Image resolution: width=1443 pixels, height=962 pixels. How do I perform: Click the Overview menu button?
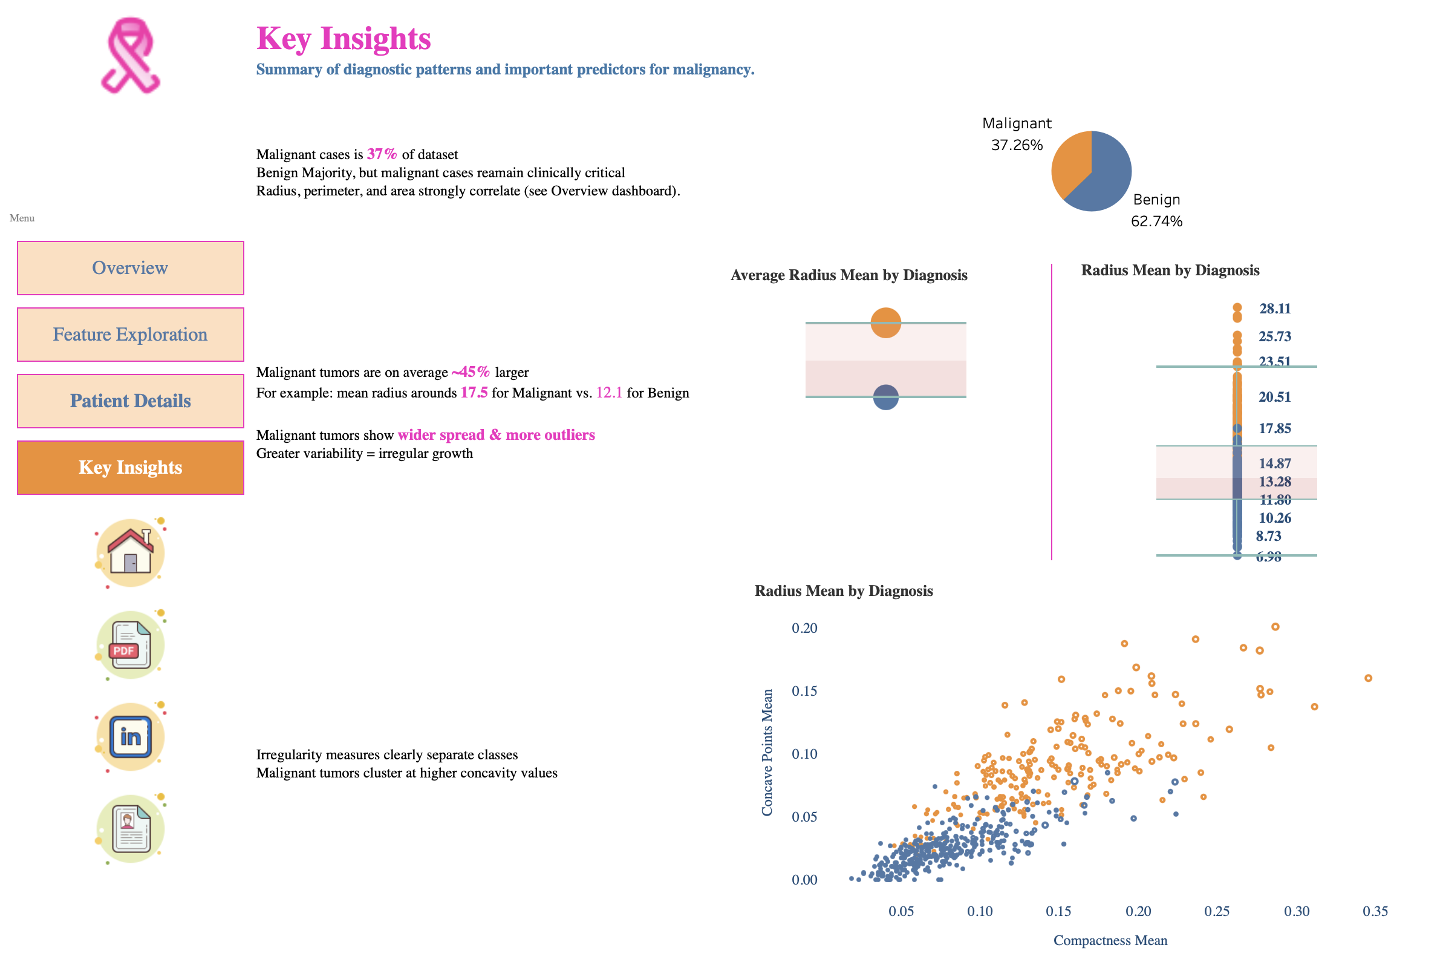130,268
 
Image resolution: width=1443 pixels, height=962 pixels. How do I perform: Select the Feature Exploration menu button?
130,335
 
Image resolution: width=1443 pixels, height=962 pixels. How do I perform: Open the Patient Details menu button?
130,401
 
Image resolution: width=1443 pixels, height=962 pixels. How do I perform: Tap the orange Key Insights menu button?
130,468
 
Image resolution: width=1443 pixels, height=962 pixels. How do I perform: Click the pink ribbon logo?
129,55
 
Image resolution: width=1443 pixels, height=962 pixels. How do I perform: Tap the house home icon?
130,552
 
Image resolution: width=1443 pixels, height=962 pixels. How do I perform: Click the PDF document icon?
130,644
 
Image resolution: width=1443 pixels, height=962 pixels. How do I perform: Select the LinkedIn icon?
130,736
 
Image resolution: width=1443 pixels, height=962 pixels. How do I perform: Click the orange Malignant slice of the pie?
1070,163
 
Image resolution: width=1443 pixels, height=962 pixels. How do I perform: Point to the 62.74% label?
1156,221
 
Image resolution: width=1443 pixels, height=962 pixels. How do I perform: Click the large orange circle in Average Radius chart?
885,322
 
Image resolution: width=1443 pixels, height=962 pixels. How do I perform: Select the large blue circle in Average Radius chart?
885,397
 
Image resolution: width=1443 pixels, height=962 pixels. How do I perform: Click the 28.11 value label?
1274,309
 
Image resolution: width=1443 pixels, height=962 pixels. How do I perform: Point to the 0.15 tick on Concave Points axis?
804,692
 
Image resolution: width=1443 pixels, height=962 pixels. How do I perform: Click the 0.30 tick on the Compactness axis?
1296,912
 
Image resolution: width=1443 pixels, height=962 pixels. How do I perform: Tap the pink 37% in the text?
382,154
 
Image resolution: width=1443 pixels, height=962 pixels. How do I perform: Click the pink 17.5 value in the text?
474,393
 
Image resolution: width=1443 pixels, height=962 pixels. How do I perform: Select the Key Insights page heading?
344,39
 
